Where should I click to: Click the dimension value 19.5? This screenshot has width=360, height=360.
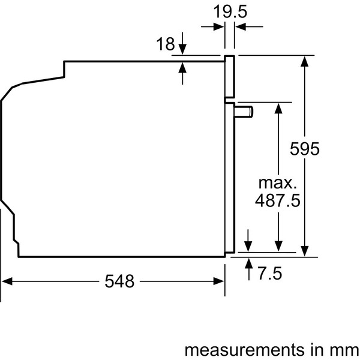click(230, 11)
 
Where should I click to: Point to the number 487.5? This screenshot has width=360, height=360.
click(278, 200)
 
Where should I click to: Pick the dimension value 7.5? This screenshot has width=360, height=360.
click(269, 274)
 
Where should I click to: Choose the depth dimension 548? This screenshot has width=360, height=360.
click(120, 281)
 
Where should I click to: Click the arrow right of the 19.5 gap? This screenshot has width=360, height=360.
click(239, 27)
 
